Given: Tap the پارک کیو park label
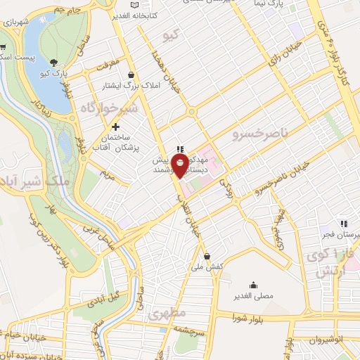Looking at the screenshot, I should pyautogui.click(x=54, y=73).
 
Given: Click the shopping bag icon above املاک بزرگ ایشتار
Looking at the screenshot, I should pyautogui.click(x=131, y=75).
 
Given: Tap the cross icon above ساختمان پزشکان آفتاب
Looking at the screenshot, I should pyautogui.click(x=116, y=127).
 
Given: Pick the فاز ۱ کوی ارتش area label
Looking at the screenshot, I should pyautogui.click(x=330, y=262).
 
